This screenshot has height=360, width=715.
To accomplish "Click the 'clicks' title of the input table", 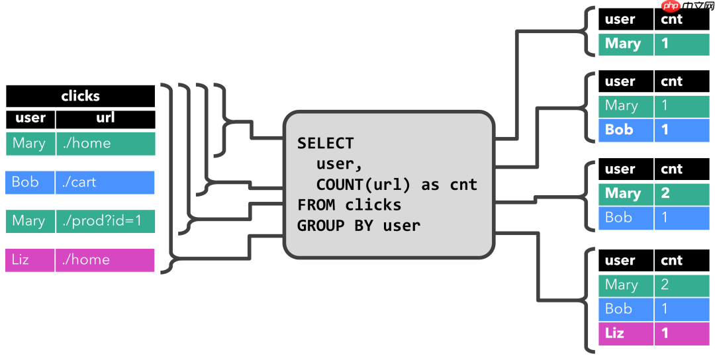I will tap(80, 96).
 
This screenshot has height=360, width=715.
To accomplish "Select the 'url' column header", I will tap(105, 118).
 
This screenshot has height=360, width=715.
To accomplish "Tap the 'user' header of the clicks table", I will tap(30, 118).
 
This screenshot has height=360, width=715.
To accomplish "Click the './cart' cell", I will tap(105, 182).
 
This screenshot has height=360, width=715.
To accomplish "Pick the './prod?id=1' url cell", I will tap(105, 221).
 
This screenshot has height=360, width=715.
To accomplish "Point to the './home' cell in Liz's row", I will tap(105, 260).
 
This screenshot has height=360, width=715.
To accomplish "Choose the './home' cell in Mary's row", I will tap(105, 144).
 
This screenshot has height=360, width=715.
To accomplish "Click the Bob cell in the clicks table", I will tap(30, 182).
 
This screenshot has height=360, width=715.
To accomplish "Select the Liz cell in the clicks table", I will tap(30, 260).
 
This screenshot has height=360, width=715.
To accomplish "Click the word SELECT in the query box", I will tap(325, 143).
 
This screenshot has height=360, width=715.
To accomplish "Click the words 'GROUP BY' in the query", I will tap(335, 225).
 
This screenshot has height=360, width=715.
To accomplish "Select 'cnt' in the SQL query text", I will tap(463, 184).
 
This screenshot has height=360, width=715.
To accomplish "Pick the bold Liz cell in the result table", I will tap(626, 333).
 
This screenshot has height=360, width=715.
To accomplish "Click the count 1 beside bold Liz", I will tap(681, 333).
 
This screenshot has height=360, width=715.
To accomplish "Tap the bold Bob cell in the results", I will tap(626, 130).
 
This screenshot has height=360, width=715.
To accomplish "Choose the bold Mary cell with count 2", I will tap(626, 193).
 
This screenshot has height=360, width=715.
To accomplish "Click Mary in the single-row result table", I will tap(626, 44).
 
